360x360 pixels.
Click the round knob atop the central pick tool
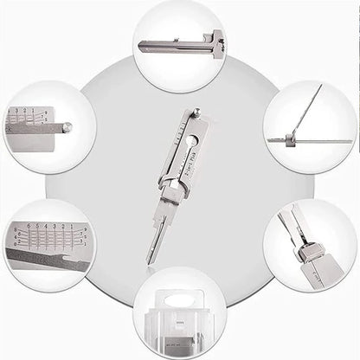(196, 112)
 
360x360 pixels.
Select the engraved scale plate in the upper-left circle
(27, 122)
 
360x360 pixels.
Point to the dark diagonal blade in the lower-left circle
(48, 260)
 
